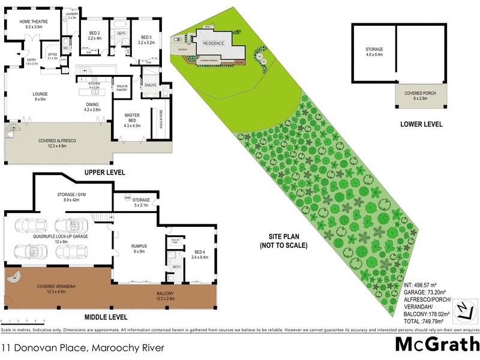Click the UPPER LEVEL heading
104,172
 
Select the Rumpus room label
139,247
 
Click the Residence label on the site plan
214,44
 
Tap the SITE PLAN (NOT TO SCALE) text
283,241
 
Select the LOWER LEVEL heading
421,124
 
